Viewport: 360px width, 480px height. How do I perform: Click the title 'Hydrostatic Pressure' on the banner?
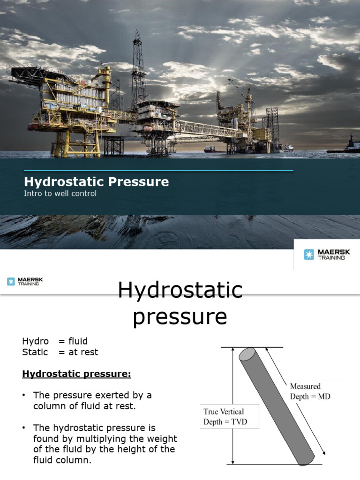tap(96, 182)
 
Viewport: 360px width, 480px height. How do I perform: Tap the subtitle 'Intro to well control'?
tap(60, 193)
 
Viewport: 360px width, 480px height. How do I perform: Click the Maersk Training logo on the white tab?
tap(327, 254)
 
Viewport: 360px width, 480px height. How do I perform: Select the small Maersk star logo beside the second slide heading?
tap(11, 281)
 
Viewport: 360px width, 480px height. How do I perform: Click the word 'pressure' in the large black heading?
tap(180, 317)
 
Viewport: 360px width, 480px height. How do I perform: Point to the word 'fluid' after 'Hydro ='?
tap(78, 341)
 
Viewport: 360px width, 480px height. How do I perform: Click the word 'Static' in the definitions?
tap(35, 352)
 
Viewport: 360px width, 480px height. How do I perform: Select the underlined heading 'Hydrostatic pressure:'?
tap(76, 375)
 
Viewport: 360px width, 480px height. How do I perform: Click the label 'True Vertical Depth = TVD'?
tap(225, 416)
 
